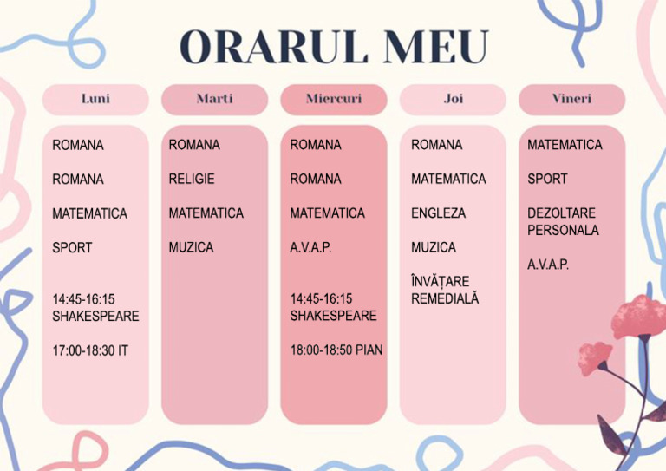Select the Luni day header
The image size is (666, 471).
pos(95,100)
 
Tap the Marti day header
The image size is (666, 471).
pos(214,100)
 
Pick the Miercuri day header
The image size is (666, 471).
pos(334,100)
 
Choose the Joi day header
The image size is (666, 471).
pos(454,100)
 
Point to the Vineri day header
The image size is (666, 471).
pos(572,100)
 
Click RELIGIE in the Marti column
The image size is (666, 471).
pos(192,179)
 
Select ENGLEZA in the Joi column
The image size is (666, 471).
pos(438,213)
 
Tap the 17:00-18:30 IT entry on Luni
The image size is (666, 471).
pos(90,350)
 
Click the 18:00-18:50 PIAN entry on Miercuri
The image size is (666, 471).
pos(336,350)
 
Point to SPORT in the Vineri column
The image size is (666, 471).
pos(547,179)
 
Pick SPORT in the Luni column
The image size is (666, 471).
pos(72,247)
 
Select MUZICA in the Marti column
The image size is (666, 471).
pos(191,247)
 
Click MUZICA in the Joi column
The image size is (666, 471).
pos(434,247)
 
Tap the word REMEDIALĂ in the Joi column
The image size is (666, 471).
pos(445,298)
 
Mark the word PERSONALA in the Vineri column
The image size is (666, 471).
pos(563,230)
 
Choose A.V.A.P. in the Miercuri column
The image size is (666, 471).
pos(310,247)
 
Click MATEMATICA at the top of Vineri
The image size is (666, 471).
pos(565,145)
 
